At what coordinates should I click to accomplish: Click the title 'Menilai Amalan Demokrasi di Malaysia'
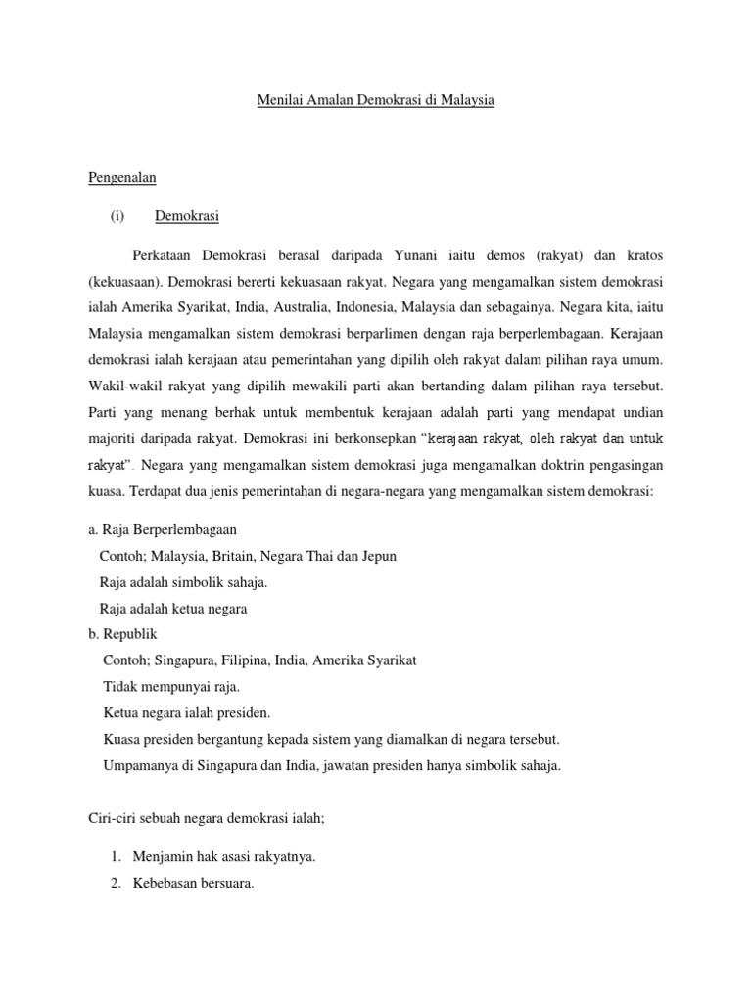[x=376, y=100]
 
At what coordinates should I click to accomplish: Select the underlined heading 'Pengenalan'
[x=122, y=178]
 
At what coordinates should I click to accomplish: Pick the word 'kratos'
[x=644, y=255]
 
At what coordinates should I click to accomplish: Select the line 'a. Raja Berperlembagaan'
[x=163, y=529]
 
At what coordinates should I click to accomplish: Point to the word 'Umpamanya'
[x=140, y=766]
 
